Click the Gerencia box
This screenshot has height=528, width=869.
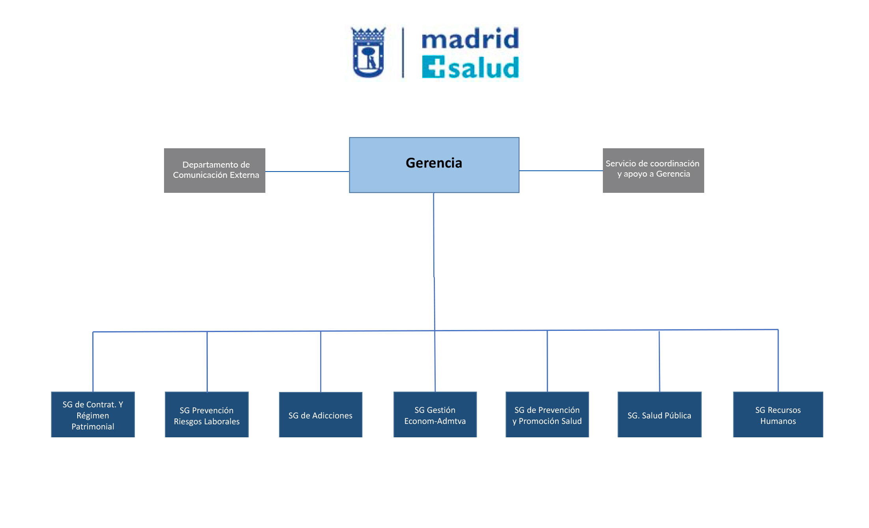point(434,165)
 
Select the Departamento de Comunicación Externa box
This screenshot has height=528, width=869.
point(214,170)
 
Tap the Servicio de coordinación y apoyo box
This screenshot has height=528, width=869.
point(653,170)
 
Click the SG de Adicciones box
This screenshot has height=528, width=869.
point(320,414)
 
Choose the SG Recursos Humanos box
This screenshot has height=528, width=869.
point(778,414)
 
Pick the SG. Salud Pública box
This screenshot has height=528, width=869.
point(659,414)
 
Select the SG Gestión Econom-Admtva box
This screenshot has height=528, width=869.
point(435,414)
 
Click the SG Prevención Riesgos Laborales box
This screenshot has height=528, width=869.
point(207,414)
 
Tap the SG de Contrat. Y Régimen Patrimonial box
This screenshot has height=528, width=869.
point(93,414)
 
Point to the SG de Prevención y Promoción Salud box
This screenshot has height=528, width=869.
point(547,414)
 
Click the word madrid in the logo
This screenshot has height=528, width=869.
point(470,39)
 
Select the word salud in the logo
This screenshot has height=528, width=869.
point(483,68)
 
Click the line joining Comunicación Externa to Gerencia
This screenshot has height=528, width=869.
point(307,172)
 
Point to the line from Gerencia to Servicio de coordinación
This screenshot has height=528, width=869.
point(561,171)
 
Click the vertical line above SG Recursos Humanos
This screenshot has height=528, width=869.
point(778,361)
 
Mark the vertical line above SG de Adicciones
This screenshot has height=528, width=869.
point(321,361)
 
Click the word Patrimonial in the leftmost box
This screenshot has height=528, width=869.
point(93,427)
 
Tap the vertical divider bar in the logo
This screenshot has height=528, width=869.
point(403,52)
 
